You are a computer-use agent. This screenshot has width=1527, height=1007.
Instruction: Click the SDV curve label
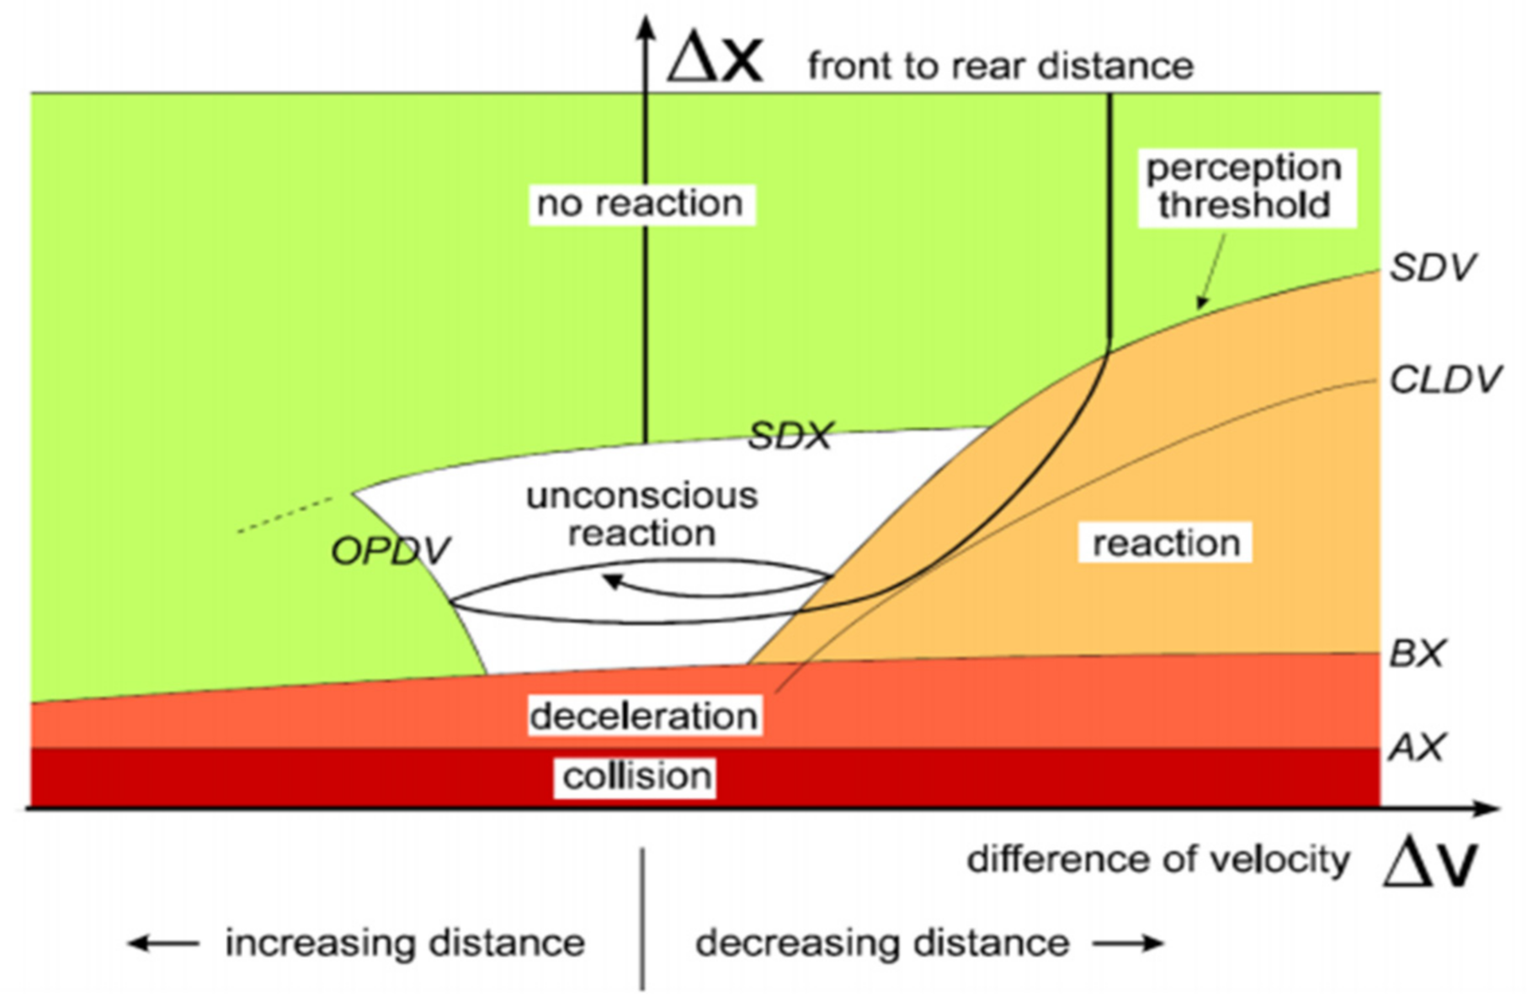pyautogui.click(x=1432, y=268)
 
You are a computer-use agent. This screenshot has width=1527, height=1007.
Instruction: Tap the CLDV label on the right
pyautogui.click(x=1445, y=380)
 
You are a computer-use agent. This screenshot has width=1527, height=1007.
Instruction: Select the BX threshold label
pyautogui.click(x=1417, y=654)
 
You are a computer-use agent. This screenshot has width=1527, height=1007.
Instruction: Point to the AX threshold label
pyautogui.click(x=1417, y=747)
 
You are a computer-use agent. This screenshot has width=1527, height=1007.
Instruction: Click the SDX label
pyautogui.click(x=790, y=436)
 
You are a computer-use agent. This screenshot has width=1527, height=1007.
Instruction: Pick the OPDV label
pyautogui.click(x=391, y=552)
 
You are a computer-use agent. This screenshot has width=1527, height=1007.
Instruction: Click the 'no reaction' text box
pyautogui.click(x=641, y=204)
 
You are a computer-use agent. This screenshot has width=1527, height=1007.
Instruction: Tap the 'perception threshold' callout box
pyautogui.click(x=1244, y=187)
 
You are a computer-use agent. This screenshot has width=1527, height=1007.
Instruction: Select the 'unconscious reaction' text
pyautogui.click(x=641, y=514)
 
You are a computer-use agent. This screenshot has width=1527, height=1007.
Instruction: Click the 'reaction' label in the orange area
pyautogui.click(x=1166, y=543)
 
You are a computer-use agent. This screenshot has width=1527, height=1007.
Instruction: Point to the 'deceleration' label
pyautogui.click(x=644, y=716)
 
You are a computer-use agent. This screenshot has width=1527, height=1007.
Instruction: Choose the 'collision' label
pyautogui.click(x=637, y=776)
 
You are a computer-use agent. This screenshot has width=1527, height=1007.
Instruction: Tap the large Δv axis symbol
pyautogui.click(x=1430, y=863)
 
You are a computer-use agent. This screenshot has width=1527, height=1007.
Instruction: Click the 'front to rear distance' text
pyautogui.click(x=1000, y=66)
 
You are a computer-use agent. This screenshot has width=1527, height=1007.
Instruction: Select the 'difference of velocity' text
pyautogui.click(x=1157, y=860)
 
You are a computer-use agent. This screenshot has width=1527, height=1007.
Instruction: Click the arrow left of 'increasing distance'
pyautogui.click(x=162, y=944)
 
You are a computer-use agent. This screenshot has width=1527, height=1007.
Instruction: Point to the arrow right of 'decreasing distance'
pyautogui.click(x=1129, y=944)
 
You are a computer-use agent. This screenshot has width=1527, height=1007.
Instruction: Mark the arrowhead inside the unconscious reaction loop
pyautogui.click(x=613, y=580)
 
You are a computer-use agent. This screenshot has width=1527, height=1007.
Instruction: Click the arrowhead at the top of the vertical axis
pyautogui.click(x=645, y=28)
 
